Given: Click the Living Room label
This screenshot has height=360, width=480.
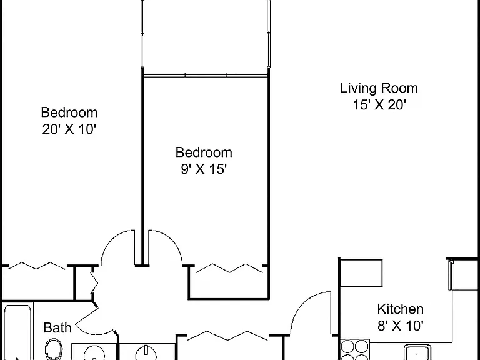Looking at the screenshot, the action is click(x=379, y=88).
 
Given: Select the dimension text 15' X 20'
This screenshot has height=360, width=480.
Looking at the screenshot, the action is click(x=379, y=105).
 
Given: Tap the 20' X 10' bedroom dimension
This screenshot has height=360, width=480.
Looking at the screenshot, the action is click(x=69, y=129).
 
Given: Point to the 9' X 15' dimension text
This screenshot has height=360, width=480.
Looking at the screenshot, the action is click(x=204, y=169).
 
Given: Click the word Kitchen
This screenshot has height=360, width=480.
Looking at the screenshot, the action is click(x=401, y=309).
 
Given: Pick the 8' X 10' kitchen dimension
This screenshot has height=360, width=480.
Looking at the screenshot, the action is click(x=401, y=326).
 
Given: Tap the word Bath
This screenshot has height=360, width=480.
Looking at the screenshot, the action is click(x=57, y=328).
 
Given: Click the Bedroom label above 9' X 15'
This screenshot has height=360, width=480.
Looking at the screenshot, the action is click(x=204, y=152).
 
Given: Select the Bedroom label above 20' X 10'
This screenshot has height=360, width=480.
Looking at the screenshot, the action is click(x=69, y=112).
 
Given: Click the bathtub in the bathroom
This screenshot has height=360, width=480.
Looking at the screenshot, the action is click(x=17, y=332).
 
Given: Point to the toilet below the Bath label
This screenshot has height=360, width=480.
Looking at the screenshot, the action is click(x=54, y=349).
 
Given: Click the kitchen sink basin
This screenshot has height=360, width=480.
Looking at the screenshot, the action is click(x=417, y=352).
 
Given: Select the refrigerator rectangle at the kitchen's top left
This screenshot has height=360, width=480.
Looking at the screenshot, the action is click(x=361, y=273).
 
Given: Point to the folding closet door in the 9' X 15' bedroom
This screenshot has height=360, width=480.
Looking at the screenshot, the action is click(x=229, y=268).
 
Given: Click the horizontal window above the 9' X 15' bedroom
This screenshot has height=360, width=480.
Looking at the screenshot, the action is click(x=206, y=75).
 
